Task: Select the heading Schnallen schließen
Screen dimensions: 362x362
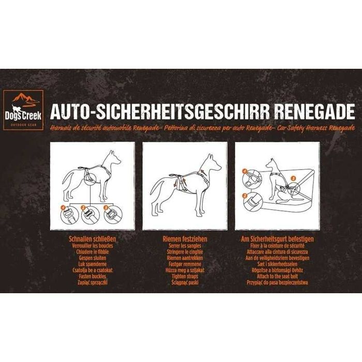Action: [92, 240]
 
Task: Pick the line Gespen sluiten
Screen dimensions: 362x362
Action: [92, 258]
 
